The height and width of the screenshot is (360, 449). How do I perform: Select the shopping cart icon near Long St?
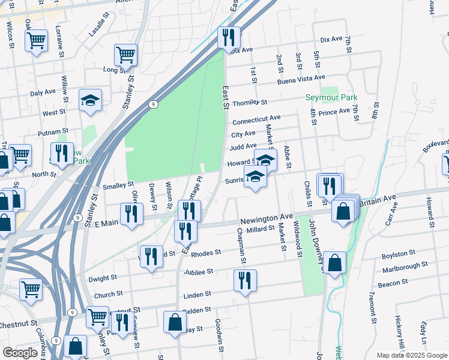126,55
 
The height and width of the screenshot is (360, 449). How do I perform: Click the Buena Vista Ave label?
301,78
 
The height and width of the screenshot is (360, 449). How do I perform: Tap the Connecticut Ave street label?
256,119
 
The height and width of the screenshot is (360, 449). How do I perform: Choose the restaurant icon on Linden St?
245,281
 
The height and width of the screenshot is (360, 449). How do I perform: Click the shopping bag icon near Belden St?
175,322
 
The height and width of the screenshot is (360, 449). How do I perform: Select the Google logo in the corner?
20,353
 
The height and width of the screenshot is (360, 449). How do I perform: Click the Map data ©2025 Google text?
411,355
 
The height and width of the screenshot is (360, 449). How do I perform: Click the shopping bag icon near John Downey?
336,263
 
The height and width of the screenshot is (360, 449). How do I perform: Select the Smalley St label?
118,185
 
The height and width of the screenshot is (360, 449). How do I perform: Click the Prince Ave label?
334,112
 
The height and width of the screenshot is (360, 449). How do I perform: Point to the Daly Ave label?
43,93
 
